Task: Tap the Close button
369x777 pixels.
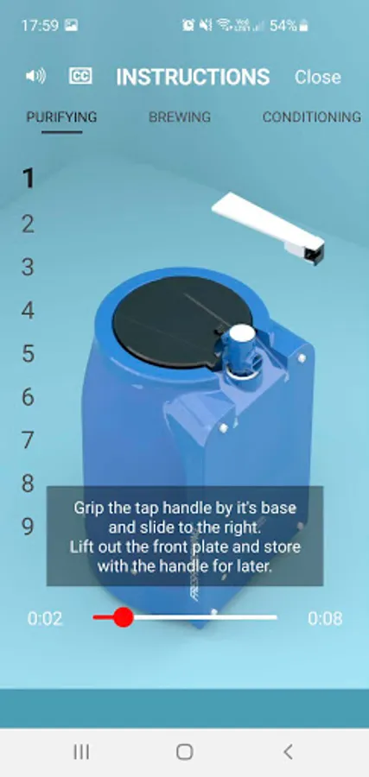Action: (x=317, y=77)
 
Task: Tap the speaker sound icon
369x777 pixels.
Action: (x=35, y=76)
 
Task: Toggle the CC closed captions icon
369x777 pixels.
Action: (x=80, y=76)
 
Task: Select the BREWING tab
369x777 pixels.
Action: (x=180, y=117)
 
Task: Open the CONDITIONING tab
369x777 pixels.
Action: (x=311, y=117)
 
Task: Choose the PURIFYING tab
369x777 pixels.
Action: (x=61, y=117)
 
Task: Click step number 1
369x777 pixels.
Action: (x=29, y=179)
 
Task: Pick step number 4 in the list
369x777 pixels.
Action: (x=29, y=311)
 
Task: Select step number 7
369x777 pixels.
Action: (x=29, y=440)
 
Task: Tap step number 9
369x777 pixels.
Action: (x=29, y=527)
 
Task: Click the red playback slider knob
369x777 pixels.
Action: (x=123, y=617)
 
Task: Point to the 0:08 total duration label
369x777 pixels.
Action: (x=325, y=618)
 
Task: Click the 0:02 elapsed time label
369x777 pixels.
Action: (x=45, y=618)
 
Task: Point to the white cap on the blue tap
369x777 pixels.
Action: (x=243, y=337)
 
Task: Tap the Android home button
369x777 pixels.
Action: (x=185, y=752)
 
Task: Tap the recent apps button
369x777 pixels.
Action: (x=81, y=752)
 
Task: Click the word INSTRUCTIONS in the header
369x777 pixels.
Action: (x=193, y=77)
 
